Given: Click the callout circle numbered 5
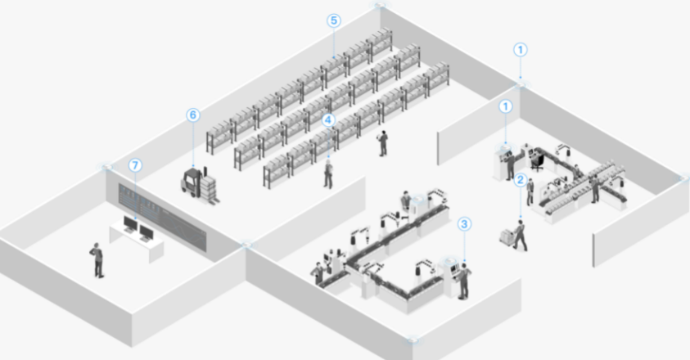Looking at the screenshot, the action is click(x=334, y=20).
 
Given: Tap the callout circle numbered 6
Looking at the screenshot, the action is click(x=192, y=115).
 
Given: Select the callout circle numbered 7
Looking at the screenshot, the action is click(x=135, y=165).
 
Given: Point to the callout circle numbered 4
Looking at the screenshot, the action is click(x=328, y=120).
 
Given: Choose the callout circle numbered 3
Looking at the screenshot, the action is click(x=464, y=224).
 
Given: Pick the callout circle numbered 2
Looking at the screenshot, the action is click(x=521, y=179).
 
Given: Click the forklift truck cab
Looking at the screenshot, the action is click(x=191, y=180).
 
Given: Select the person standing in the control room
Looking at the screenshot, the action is click(x=97, y=260).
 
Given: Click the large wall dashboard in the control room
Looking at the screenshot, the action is click(x=162, y=217).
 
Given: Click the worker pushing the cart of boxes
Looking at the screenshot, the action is click(x=521, y=236).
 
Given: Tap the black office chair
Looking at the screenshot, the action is click(x=537, y=162).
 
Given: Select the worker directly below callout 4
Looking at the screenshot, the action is click(x=328, y=173).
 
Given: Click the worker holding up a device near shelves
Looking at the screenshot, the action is click(x=382, y=143).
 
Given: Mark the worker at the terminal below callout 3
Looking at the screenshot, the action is click(x=463, y=281).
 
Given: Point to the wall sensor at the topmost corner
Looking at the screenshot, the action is click(x=379, y=5).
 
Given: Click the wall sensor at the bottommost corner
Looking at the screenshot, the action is click(x=413, y=340).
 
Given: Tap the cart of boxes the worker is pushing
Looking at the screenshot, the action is click(x=507, y=237).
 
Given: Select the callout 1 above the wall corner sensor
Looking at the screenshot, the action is click(x=521, y=50).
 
